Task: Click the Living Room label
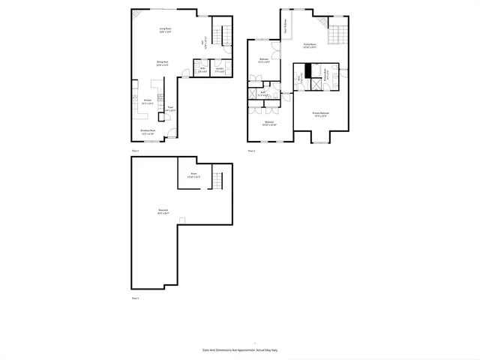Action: [x=165, y=30]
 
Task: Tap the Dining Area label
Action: [x=161, y=64]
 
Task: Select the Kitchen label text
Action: [x=148, y=102]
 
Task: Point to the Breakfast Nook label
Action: [x=148, y=131]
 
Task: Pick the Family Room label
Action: [x=310, y=45]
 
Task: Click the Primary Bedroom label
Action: [x=321, y=115]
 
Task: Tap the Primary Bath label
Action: [x=325, y=83]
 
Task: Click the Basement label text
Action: [x=163, y=211]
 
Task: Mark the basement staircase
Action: [x=217, y=181]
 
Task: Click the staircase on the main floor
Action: [x=218, y=34]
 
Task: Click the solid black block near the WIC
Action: [x=307, y=75]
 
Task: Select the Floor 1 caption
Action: [x=136, y=298]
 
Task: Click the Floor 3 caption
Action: [x=252, y=151]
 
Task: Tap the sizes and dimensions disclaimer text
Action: [x=240, y=349]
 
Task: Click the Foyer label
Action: [x=170, y=109]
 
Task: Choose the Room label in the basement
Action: [x=193, y=175]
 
